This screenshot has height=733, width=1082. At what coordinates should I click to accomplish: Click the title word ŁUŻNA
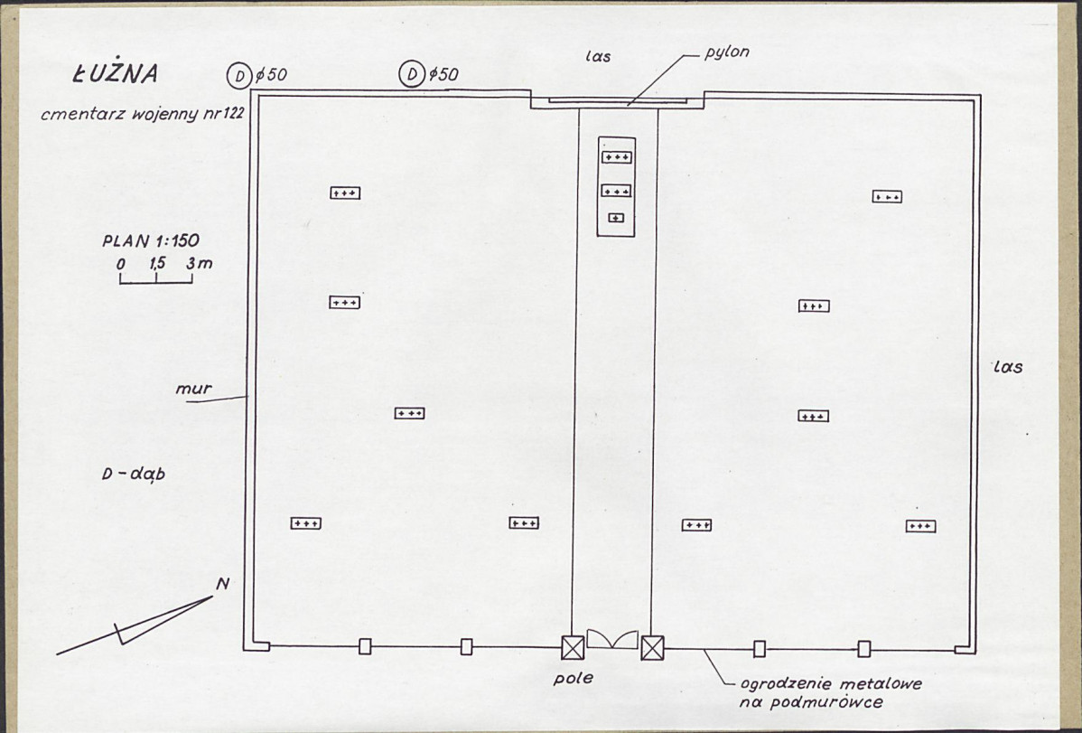coord(116,74)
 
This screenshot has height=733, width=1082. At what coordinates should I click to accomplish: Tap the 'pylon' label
coord(727,52)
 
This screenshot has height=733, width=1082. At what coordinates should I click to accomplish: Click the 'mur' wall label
coord(193,389)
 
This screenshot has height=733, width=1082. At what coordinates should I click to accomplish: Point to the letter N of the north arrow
coord(222,585)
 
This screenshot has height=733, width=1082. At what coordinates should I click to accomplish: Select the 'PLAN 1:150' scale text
coord(151,241)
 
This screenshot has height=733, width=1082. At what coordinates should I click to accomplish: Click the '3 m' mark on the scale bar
coord(200,263)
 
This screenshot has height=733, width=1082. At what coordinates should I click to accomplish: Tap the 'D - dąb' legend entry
coord(134,475)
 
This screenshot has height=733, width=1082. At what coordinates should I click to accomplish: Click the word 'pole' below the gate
coord(574,679)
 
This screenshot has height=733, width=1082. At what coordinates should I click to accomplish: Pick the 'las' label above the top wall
coord(598,57)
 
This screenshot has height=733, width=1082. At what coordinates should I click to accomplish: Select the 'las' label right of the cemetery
coord(1008,368)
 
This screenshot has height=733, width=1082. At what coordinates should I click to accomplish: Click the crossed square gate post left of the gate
coord(573,648)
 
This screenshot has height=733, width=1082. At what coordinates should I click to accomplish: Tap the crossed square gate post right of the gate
coord(652,648)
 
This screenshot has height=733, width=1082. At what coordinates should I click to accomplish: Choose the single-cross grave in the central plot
coord(616,218)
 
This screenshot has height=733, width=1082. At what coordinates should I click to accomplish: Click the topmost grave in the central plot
coord(616,157)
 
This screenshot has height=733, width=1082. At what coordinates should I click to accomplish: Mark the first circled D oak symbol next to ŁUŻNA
coord(238,76)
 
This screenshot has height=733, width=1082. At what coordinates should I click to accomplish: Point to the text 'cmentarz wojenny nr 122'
coord(142,114)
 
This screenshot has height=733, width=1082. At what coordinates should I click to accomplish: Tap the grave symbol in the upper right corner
coord(887,197)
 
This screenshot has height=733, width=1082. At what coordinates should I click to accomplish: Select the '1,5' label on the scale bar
coord(156,263)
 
